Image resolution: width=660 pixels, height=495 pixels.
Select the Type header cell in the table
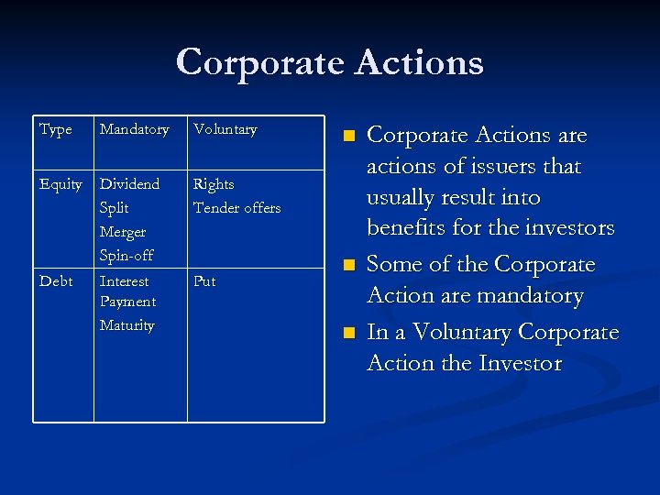(x=56, y=129)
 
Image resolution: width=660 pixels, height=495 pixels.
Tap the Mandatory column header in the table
(x=134, y=129)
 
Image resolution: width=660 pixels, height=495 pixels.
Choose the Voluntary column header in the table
(x=225, y=129)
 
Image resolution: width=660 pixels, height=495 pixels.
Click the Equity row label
(x=60, y=184)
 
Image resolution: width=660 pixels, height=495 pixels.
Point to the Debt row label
(x=56, y=281)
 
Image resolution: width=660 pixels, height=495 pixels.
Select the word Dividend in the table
(x=129, y=184)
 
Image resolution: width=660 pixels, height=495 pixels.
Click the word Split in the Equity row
(x=114, y=208)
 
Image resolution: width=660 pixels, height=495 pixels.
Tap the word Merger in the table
(x=123, y=232)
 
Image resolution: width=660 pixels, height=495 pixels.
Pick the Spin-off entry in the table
(x=126, y=255)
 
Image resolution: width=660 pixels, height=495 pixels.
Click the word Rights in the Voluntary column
(x=214, y=184)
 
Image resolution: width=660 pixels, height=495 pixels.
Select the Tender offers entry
(x=236, y=208)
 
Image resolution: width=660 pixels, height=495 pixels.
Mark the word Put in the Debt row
(x=204, y=281)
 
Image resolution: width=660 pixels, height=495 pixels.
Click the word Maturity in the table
(x=126, y=325)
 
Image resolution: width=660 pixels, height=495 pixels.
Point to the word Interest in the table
(x=124, y=281)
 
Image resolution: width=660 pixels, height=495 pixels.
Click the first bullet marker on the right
(x=347, y=136)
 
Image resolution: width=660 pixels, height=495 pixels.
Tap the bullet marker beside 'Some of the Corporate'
(x=347, y=265)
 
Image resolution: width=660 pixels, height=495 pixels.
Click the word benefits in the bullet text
(x=407, y=228)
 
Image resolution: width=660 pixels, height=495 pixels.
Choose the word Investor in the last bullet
(x=520, y=364)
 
